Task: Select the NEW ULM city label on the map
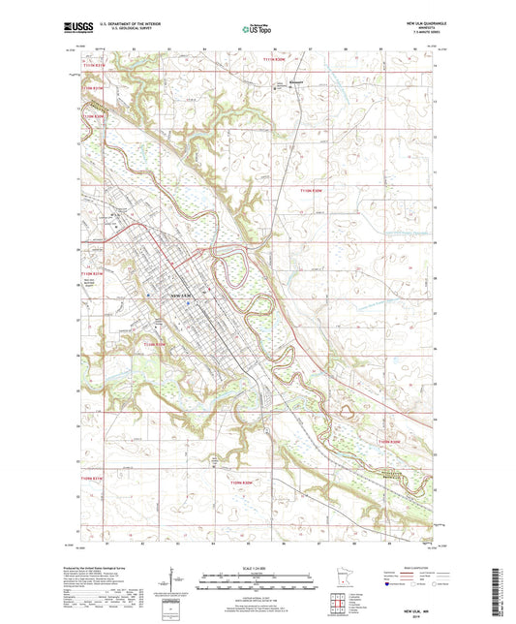pyautogui.click(x=182, y=294)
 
